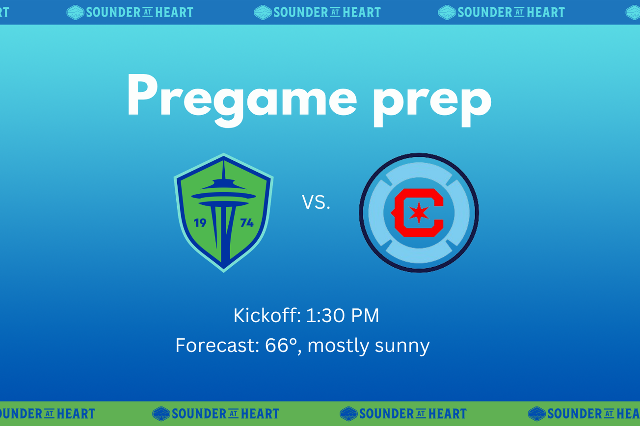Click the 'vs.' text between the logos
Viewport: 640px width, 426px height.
coord(316,202)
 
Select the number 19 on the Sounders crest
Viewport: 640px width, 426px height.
coord(200,223)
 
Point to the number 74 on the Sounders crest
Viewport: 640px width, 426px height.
coord(247,223)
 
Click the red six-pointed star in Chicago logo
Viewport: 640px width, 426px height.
coord(419,213)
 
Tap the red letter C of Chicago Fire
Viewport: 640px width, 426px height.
coord(417,213)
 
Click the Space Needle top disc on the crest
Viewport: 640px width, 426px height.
coord(223,196)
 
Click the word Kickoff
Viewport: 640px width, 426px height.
coord(267,315)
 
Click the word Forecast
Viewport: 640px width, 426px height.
coord(217,345)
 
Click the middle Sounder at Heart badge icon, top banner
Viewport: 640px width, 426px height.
coord(263,13)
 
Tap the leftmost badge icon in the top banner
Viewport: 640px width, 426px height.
coord(76,13)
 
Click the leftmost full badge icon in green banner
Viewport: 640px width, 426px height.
coord(161,414)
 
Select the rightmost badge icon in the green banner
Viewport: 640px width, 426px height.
coord(537,414)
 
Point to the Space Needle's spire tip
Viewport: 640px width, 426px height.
coord(224,160)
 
